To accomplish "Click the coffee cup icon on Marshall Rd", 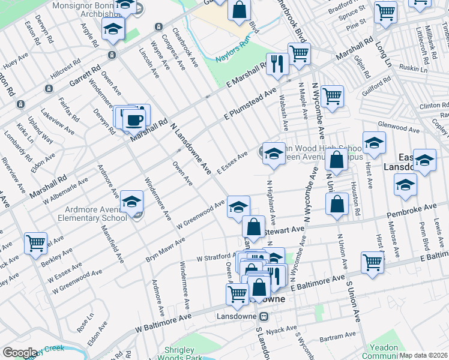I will pyautogui.click(x=134, y=119).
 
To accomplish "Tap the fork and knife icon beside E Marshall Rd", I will pyautogui.click(x=277, y=64).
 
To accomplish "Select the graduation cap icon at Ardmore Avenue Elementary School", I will pyautogui.click(x=131, y=202).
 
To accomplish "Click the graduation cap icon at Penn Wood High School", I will pyautogui.click(x=273, y=154).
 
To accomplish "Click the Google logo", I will pyautogui.click(x=20, y=353).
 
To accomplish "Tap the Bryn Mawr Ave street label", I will pyautogui.click(x=165, y=249).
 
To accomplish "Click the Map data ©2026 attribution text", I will pyautogui.click(x=423, y=355).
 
